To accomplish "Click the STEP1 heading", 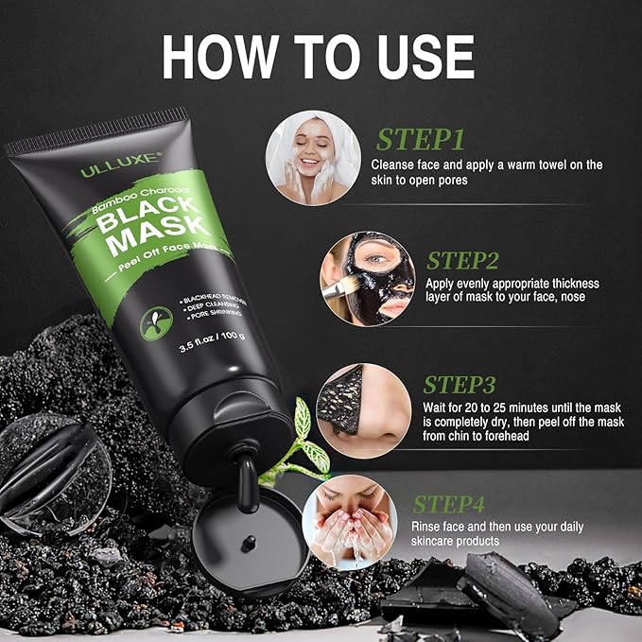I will (x=421, y=140).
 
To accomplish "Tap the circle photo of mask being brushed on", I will (x=366, y=278).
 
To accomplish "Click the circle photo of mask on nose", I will (x=363, y=411).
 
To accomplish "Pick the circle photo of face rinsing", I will (x=349, y=522).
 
